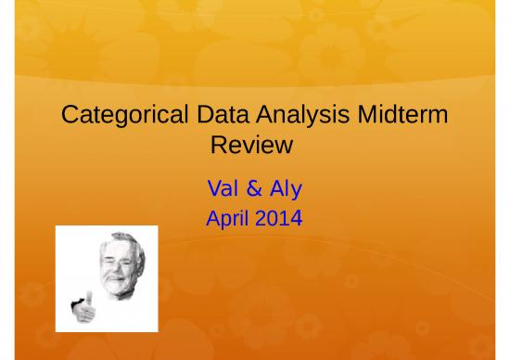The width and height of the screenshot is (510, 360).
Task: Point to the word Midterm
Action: click(x=401, y=117)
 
